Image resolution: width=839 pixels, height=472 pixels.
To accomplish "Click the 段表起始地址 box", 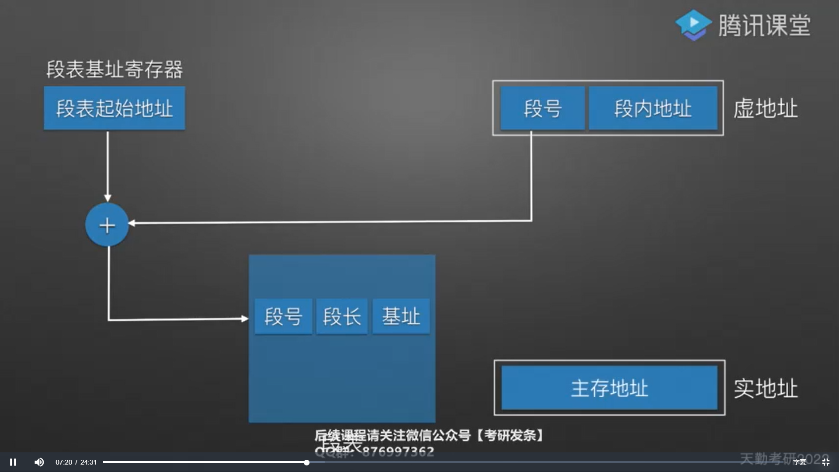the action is click(114, 108).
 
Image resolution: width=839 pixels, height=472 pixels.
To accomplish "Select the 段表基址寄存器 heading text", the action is click(114, 69).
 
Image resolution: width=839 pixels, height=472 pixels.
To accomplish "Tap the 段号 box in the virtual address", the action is click(542, 108).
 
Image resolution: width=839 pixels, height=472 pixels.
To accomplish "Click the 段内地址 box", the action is click(653, 108).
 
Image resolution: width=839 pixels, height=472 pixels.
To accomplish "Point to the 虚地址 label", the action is click(766, 108).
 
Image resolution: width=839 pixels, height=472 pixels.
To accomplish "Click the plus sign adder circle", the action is click(107, 225).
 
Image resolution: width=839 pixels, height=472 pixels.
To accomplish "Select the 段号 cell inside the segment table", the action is click(283, 316).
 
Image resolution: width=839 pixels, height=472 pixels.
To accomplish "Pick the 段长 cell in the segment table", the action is click(342, 316).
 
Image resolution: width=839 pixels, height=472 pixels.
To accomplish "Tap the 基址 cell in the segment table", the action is click(401, 316).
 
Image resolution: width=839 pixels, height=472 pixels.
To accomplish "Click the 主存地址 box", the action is click(609, 388).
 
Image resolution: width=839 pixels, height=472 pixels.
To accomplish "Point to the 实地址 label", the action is click(766, 388).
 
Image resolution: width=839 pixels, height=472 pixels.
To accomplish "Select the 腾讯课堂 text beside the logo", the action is click(765, 25).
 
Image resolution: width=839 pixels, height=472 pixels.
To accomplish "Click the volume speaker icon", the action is click(39, 462).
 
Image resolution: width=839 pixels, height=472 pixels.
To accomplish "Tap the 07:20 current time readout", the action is click(64, 462).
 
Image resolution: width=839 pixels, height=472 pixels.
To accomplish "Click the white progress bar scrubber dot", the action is click(307, 462).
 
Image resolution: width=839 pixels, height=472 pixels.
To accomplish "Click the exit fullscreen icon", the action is click(825, 462).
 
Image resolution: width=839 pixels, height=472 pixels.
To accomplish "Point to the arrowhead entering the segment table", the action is click(245, 319).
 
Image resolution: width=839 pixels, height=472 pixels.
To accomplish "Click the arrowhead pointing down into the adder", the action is click(107, 198).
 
